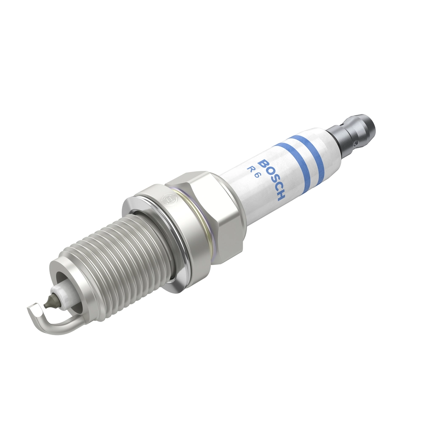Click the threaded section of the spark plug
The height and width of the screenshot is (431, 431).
pyautogui.click(x=114, y=261)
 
